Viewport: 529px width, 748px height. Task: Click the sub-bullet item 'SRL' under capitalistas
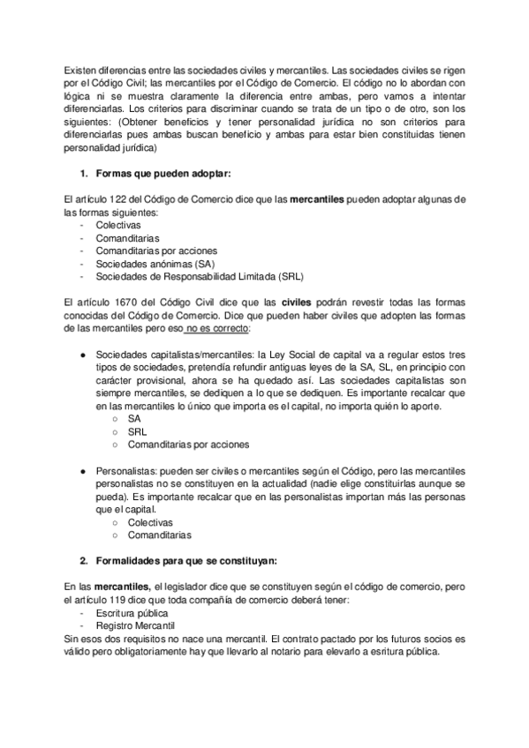pos(137,432)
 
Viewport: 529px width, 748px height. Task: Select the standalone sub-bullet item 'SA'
pos(134,419)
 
